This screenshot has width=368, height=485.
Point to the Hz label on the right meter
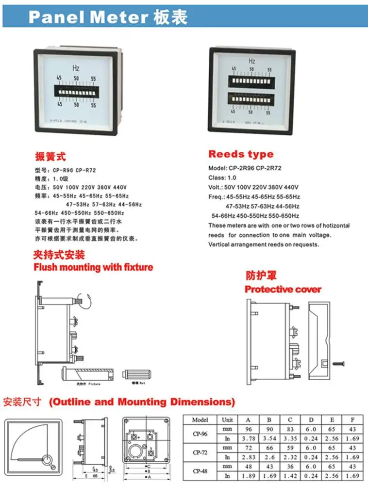(x=252, y=61)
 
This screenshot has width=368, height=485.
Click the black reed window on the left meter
(x=76, y=90)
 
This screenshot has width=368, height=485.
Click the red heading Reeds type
(x=241, y=154)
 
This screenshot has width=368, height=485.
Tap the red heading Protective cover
(x=283, y=290)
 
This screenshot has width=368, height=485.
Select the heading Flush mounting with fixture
(x=93, y=267)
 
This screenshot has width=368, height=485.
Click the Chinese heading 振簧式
(x=50, y=157)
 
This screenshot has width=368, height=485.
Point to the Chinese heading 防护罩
(x=261, y=276)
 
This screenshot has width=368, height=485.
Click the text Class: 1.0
(x=222, y=178)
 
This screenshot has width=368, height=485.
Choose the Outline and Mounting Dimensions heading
(x=142, y=402)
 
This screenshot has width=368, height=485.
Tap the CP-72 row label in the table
(x=200, y=452)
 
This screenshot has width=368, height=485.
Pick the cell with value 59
(x=290, y=448)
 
